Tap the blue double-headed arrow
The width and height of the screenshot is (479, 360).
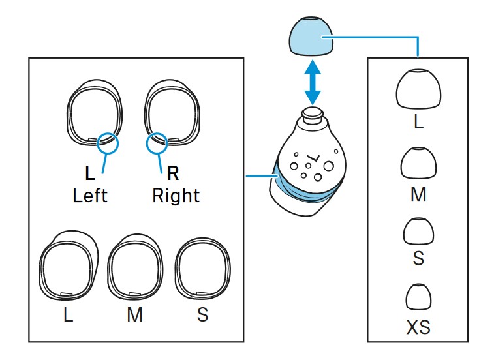click(x=313, y=82)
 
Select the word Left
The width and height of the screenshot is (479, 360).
click(x=90, y=195)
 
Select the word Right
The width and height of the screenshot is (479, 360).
click(x=176, y=195)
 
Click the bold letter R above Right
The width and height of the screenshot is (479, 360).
click(x=173, y=173)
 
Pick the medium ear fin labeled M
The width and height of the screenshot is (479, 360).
click(x=134, y=267)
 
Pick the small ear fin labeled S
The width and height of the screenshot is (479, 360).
click(x=202, y=267)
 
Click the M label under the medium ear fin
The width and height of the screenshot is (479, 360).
click(x=134, y=315)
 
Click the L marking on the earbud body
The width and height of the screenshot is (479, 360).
click(x=313, y=158)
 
